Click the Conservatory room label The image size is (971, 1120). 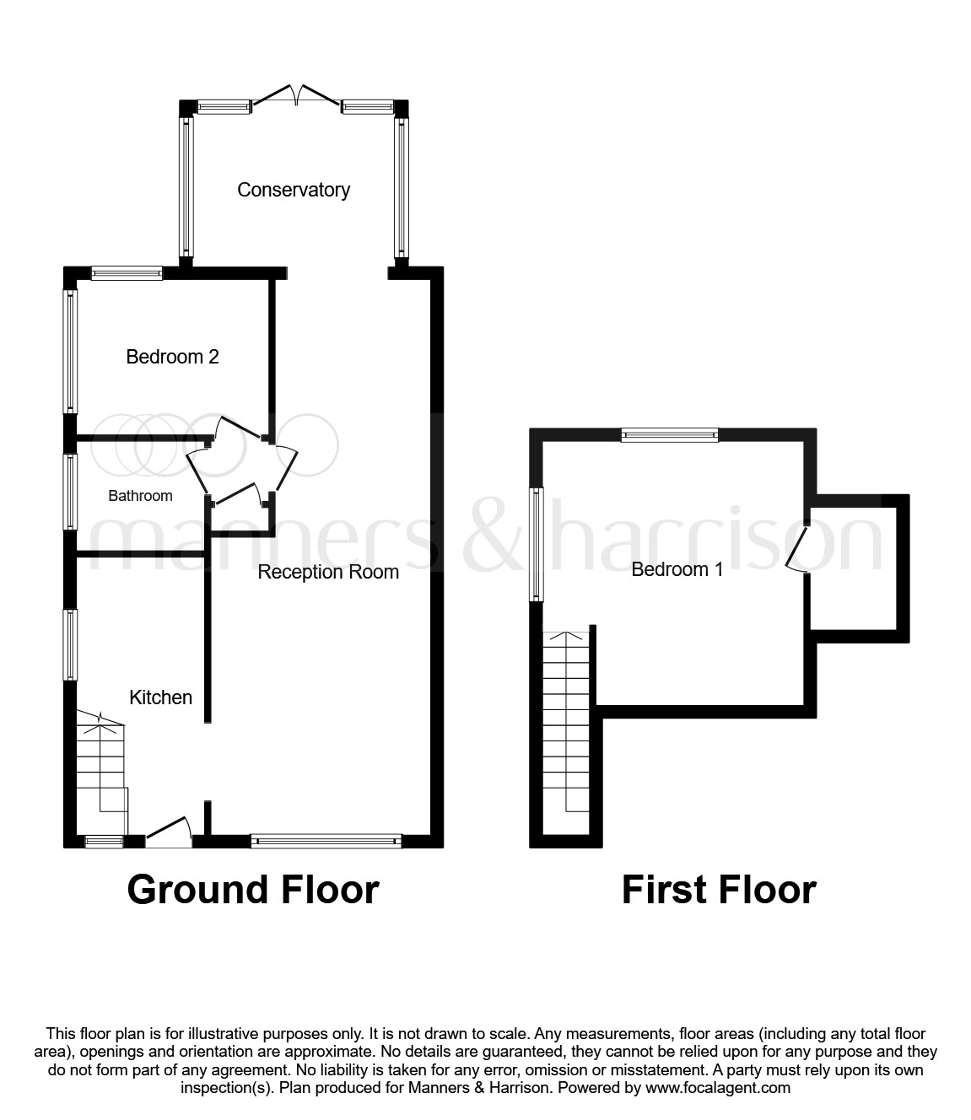tap(293, 190)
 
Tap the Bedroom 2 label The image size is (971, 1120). tap(172, 357)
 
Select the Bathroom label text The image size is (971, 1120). tap(140, 496)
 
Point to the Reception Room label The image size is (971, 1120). tap(327, 572)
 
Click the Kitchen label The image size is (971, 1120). tap(160, 697)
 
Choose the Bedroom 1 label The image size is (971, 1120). tap(677, 569)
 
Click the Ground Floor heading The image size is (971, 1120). tap(252, 890)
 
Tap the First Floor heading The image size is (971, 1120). tap(718, 890)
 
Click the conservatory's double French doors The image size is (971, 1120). tap(295, 96)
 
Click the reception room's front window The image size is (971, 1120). tap(326, 840)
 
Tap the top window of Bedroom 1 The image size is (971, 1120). tap(669, 435)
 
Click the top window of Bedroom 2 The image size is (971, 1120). tap(127, 272)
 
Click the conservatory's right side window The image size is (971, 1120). tap(402, 187)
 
